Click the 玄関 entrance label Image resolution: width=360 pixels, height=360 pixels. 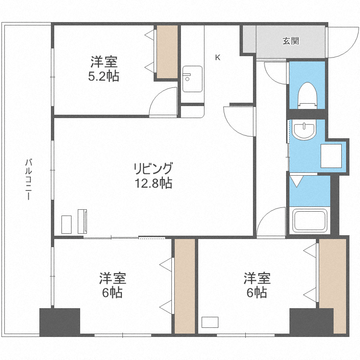click(x=290, y=41)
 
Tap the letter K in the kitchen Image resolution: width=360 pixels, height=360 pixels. click(x=217, y=58)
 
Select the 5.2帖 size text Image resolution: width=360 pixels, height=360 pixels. click(x=104, y=76)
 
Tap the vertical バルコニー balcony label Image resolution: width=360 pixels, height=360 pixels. click(x=29, y=179)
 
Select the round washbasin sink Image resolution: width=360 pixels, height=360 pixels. click(x=304, y=130)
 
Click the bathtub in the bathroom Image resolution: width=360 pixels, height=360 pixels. click(x=310, y=220)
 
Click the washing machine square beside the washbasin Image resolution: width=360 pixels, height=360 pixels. click(x=331, y=155)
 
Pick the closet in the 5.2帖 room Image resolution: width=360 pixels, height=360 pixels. click(x=168, y=51)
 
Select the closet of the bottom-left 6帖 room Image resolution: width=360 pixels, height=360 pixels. click(x=184, y=286)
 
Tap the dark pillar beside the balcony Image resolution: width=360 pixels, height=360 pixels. click(x=60, y=322)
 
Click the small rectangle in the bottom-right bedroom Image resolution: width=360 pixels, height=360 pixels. click(x=210, y=322)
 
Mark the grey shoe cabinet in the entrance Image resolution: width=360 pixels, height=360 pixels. click(x=248, y=39)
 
